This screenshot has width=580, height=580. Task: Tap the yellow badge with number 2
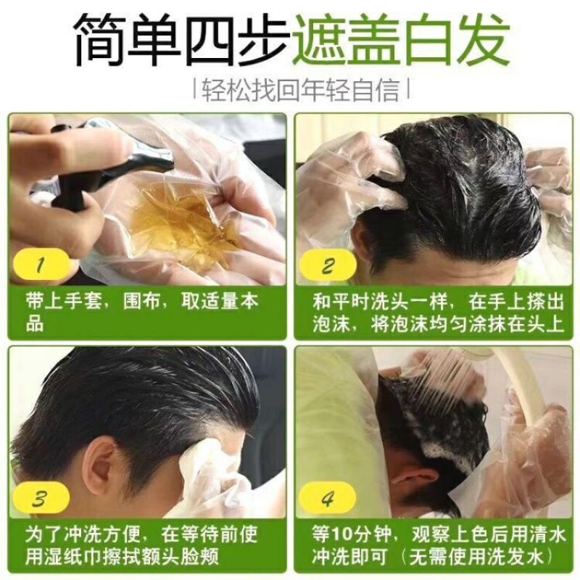328,265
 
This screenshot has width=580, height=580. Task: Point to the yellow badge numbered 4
328,498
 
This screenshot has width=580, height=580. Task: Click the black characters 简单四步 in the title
181,40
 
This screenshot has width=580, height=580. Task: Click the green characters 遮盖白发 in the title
402,40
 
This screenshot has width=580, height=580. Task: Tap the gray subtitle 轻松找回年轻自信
302,90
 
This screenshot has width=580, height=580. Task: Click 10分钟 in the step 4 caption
361,534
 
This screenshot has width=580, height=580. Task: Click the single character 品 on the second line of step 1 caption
35,323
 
